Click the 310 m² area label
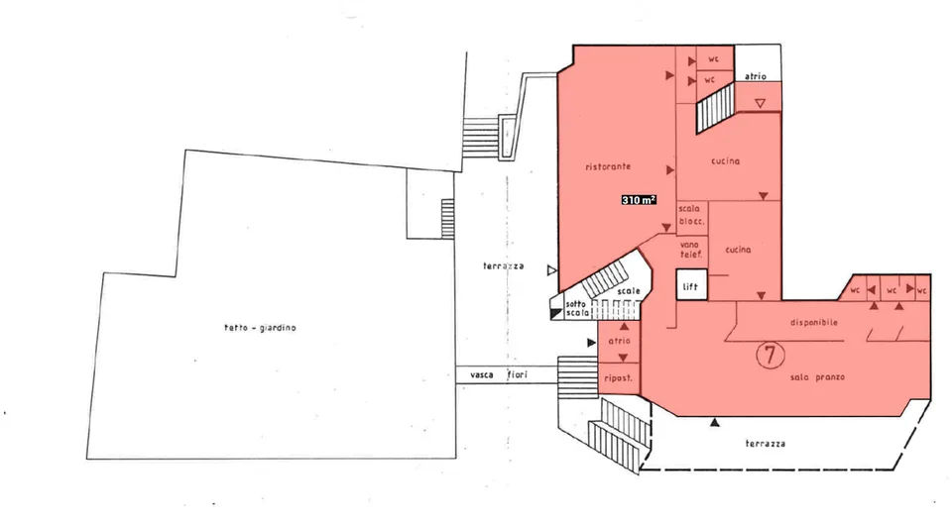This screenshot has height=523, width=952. pos(639,200)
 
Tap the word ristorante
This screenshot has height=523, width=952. pos(608,166)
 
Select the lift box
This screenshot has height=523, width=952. pos(691,285)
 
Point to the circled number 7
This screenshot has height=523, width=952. pos(770,355)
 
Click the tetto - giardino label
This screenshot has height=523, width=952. pos(261,328)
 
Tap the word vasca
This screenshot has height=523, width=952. pos(482,375)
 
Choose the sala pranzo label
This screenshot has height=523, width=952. pos(817,376)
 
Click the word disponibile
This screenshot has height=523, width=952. pos(814,322)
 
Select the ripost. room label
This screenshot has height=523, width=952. pos(618,378)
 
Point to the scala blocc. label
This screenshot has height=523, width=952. pos(691,215)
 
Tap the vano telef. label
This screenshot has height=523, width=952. pos(690,250)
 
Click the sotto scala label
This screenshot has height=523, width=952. pos(577,308)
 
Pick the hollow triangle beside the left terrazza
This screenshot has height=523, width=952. pos(551,270)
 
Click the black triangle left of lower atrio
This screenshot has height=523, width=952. pos(591,343)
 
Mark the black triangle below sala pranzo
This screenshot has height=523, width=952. pos(715,422)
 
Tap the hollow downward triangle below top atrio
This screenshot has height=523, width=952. pos(760,104)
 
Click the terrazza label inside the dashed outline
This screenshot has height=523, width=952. pos(765,444)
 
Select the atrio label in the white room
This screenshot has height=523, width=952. pos(756,76)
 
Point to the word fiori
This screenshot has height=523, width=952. pos(518,375)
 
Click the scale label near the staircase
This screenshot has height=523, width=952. pos(629,291)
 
